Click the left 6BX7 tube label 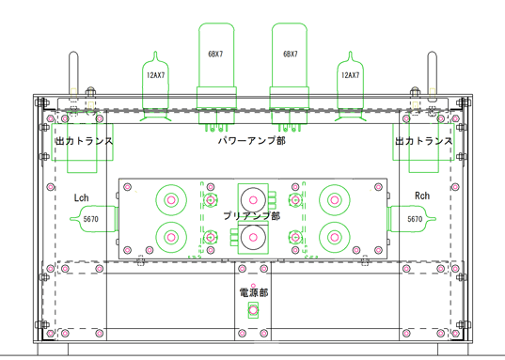click(x=215, y=55)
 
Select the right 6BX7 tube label click(x=291, y=55)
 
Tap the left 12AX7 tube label click(x=155, y=75)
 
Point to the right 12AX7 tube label click(x=350, y=75)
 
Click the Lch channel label click(x=81, y=197)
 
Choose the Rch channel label click(x=422, y=196)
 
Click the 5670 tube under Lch click(x=94, y=219)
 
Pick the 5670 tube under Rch click(x=412, y=219)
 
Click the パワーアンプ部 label click(x=252, y=141)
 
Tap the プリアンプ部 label click(x=252, y=216)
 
